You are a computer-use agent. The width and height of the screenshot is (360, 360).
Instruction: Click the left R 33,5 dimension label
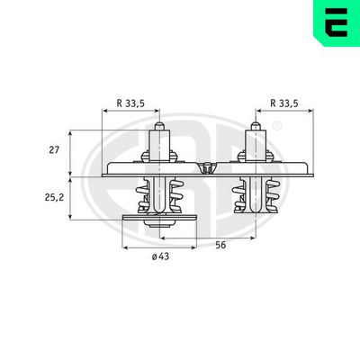point(130,103)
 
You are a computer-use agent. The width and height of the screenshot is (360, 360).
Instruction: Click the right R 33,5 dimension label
point(284,103)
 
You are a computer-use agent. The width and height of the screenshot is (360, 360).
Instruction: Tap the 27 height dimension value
point(54,149)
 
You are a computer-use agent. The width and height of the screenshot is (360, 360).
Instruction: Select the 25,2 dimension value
point(54,198)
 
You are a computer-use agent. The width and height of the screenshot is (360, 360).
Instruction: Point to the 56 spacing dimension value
point(220,245)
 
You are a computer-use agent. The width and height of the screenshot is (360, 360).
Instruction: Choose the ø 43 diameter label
point(160,256)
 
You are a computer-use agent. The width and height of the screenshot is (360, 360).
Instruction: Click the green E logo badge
point(337,22)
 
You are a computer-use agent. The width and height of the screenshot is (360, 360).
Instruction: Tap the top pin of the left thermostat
point(159,127)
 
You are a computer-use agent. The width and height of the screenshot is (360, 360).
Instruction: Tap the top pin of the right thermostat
point(256,127)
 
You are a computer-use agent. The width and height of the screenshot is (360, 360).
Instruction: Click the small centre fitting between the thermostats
point(207,168)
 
